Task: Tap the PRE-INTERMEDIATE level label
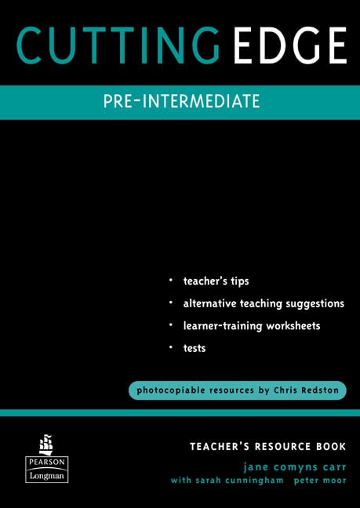[181, 102]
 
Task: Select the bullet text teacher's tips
[216, 281]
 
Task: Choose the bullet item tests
[195, 348]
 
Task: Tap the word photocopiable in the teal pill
[173, 390]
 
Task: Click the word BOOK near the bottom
[330, 446]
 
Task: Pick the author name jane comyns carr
[295, 464]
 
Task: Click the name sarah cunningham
[242, 480]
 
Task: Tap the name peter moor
[322, 480]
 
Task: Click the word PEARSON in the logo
[46, 461]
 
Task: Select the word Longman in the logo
[46, 475]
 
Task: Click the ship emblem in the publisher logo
[46, 444]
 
